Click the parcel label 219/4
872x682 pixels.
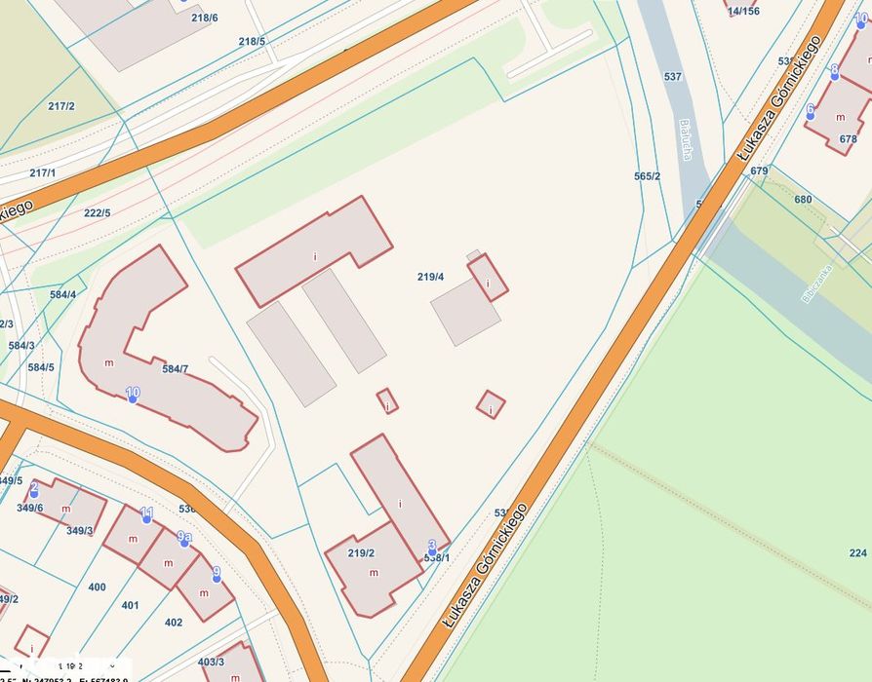click(x=430, y=278)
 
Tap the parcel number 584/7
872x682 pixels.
click(x=176, y=368)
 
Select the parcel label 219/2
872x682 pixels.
click(x=361, y=553)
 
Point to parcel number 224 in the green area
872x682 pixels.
click(x=857, y=552)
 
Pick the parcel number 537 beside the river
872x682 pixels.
click(x=673, y=76)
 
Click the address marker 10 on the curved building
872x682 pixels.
click(x=133, y=395)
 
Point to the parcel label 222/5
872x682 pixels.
click(x=98, y=213)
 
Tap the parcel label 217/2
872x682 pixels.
click(x=61, y=106)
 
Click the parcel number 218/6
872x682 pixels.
click(x=205, y=18)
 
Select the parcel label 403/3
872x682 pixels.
click(x=212, y=662)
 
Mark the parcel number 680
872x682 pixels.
click(x=803, y=200)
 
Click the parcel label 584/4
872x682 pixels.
click(x=62, y=294)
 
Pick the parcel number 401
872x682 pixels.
click(x=131, y=605)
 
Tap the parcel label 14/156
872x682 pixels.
click(x=743, y=11)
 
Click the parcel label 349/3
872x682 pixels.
click(x=80, y=531)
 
